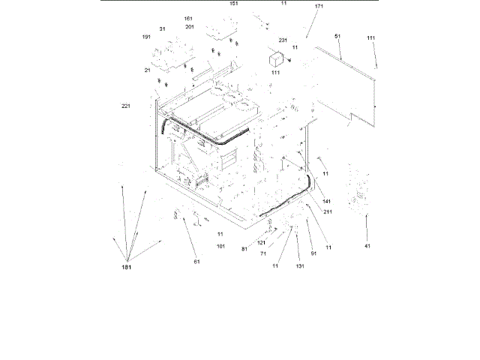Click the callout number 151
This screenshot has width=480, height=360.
(x=234, y=4)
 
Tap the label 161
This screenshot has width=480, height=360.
(x=187, y=18)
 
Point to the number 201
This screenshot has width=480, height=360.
(x=189, y=26)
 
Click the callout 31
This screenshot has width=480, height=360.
(x=161, y=29)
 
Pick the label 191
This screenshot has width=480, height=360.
(x=146, y=37)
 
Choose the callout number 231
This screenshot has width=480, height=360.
(x=283, y=40)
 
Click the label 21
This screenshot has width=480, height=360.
(x=148, y=70)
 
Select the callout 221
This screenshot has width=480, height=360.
(x=126, y=106)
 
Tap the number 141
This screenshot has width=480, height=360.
(x=327, y=202)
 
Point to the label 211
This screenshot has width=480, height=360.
(x=328, y=211)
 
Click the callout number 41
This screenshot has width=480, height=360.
(x=367, y=246)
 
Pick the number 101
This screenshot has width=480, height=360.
(x=221, y=246)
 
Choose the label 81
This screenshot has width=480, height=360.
(x=244, y=249)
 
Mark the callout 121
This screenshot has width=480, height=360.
(x=262, y=243)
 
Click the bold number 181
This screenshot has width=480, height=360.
(x=125, y=268)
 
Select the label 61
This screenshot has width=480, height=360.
(x=197, y=262)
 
